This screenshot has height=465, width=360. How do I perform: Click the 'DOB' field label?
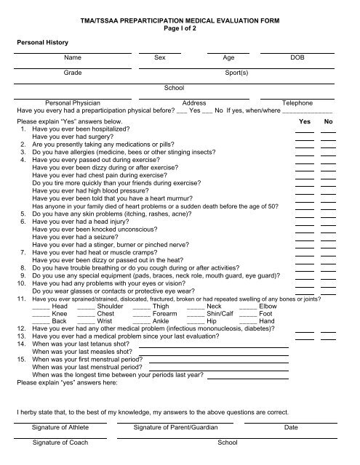297,56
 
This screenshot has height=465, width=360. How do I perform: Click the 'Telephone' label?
297,103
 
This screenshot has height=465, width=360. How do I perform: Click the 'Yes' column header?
305,122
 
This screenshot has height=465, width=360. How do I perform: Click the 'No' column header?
328,122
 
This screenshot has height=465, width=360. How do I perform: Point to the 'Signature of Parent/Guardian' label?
176,428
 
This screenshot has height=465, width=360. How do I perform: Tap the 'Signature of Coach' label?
61,442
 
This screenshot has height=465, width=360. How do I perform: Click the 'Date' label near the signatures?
291,428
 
